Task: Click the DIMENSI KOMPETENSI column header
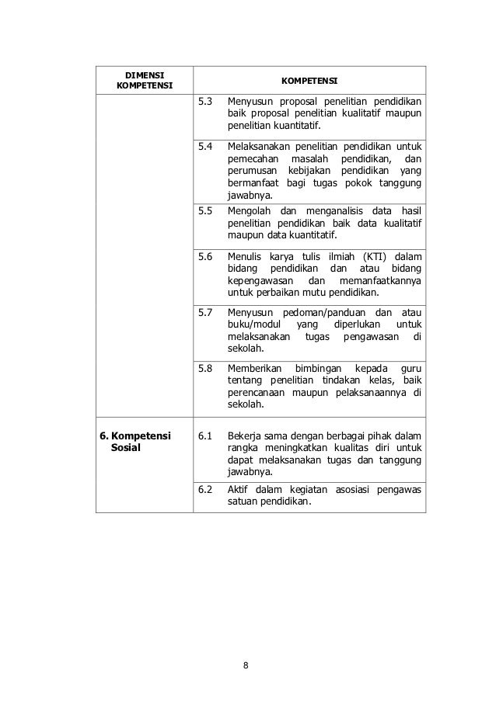(144, 79)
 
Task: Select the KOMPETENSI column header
(309, 81)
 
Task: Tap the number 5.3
(205, 102)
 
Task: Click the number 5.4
(205, 145)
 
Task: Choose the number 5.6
(205, 255)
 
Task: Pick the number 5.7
(205, 312)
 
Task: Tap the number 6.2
(205, 488)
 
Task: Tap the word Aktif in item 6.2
(236, 488)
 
